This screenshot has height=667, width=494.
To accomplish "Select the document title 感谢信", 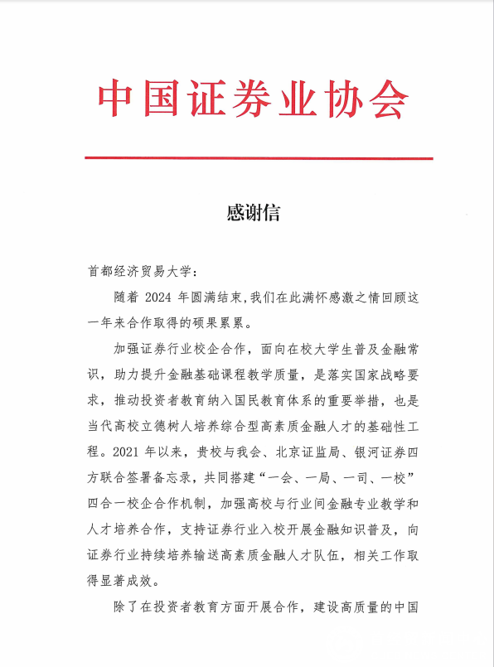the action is click(x=253, y=213).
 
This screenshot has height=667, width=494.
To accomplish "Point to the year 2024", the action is click(x=162, y=297).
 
